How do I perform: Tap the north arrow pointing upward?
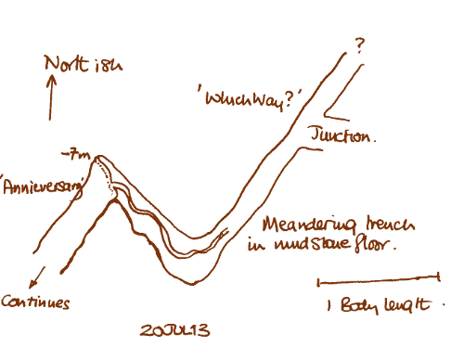coord(52,97)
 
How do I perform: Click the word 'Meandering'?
coord(302,225)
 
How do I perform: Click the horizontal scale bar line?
coord(377,277)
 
